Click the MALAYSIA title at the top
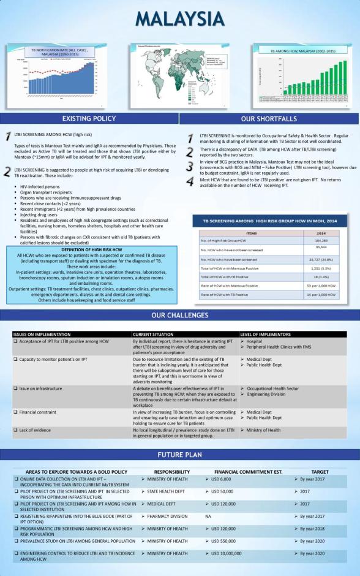(x=180, y=18)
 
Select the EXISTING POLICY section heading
(x=89, y=119)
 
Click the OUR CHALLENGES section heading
(x=180, y=316)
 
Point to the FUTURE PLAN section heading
(x=180, y=455)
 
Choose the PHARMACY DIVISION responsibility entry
(x=167, y=516)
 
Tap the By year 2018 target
(x=313, y=528)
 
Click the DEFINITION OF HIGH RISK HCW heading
(x=90, y=250)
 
